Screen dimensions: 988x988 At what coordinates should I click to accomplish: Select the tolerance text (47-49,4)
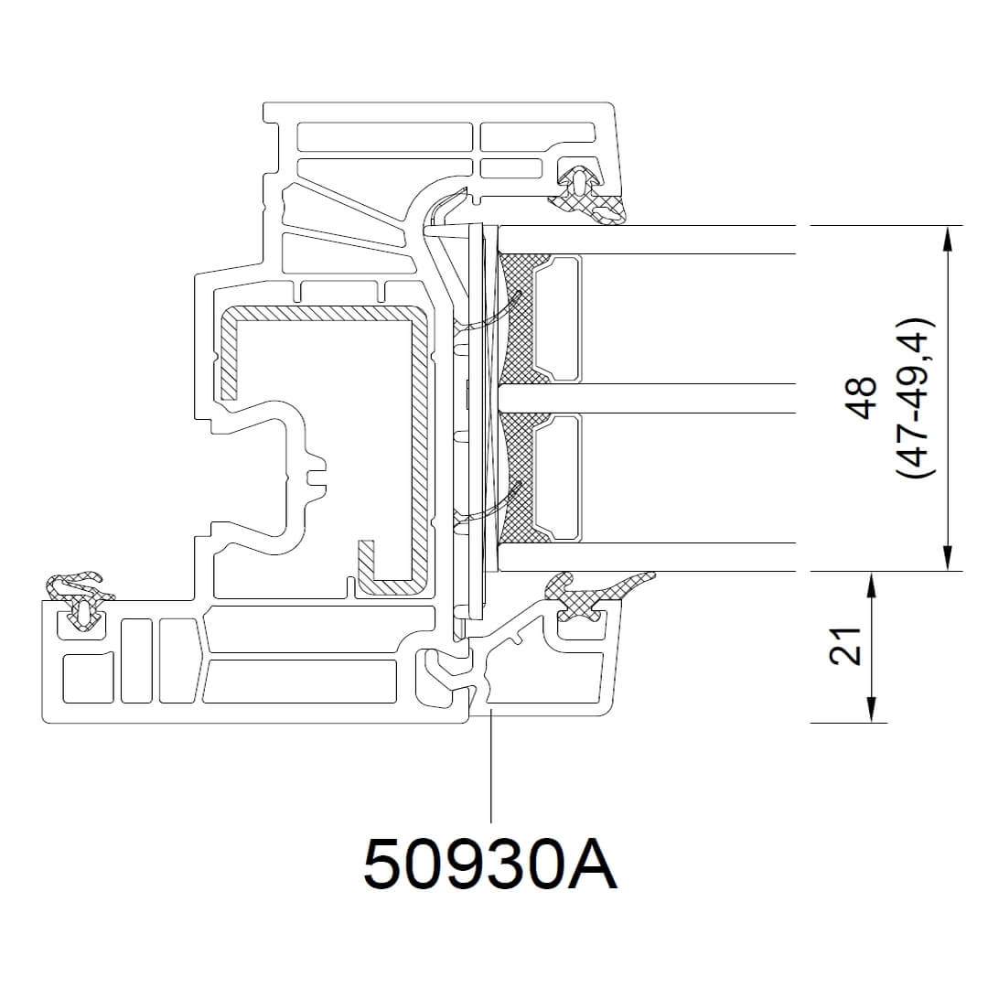coord(914,398)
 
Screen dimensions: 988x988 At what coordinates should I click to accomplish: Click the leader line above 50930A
coord(491,768)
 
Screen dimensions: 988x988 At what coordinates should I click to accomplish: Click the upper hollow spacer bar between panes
coord(558,318)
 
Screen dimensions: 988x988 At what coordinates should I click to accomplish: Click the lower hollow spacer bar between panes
coord(558,477)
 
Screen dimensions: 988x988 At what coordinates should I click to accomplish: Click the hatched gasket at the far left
coord(78,590)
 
